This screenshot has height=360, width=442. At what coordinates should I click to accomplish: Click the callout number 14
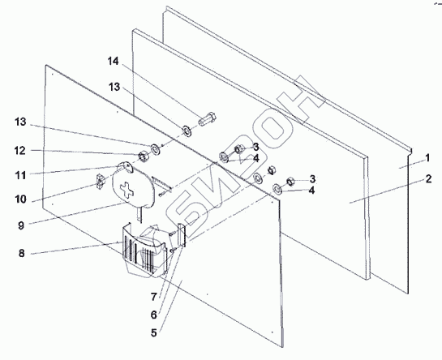click(114, 61)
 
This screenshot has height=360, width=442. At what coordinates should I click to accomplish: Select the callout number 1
click(427, 158)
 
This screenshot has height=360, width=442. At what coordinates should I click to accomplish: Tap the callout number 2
click(428, 179)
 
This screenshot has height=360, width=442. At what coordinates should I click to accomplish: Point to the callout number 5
click(153, 333)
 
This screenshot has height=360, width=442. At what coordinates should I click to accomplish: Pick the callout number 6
click(153, 315)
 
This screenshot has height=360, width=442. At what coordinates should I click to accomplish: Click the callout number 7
click(153, 297)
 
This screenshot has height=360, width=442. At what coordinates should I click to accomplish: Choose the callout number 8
click(22, 254)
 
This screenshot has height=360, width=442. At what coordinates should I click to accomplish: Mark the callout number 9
click(21, 225)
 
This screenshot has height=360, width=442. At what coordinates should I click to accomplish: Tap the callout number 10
click(20, 199)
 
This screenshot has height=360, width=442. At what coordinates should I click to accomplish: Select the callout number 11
click(20, 175)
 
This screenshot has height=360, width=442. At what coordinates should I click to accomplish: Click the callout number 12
click(20, 151)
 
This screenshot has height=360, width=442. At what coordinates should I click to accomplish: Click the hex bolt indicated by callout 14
click(208, 119)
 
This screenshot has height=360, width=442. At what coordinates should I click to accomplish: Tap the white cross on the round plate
click(127, 190)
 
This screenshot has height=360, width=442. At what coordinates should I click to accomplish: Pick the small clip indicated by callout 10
click(100, 182)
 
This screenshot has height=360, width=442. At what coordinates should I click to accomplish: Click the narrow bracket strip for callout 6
click(182, 235)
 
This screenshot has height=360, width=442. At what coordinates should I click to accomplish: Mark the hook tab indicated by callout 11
click(126, 166)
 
